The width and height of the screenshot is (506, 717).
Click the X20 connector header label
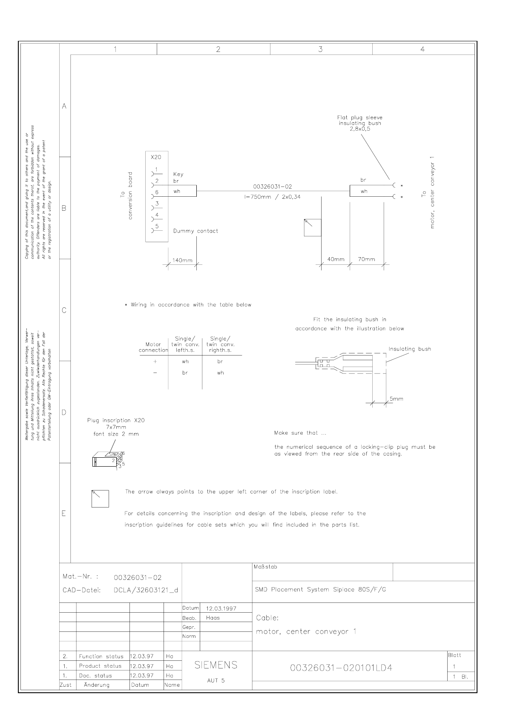[156, 157]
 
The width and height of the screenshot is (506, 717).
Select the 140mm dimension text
[182, 260]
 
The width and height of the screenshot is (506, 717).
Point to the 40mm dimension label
[336, 259]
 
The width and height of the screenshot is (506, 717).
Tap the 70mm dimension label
[366, 259]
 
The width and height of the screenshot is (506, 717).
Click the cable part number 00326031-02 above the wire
[273, 186]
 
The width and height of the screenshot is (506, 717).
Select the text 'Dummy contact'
[195, 231]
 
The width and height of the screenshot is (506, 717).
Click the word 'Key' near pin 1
[178, 174]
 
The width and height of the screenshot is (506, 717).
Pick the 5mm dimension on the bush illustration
[396, 399]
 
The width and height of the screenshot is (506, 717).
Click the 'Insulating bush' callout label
[409, 349]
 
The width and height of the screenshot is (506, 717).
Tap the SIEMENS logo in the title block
[216, 665]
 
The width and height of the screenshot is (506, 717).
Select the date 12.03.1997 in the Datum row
[221, 608]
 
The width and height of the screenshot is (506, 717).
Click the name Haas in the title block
[213, 618]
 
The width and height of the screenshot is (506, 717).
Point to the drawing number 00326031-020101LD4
[341, 668]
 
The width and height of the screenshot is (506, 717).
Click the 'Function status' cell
[101, 657]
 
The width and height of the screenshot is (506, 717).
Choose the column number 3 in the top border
[320, 49]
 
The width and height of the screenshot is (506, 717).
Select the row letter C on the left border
[64, 310]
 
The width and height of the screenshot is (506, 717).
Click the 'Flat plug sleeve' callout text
[360, 118]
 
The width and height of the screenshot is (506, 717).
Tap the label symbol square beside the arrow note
[100, 499]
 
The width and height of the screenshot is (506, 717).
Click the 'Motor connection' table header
[153, 347]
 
